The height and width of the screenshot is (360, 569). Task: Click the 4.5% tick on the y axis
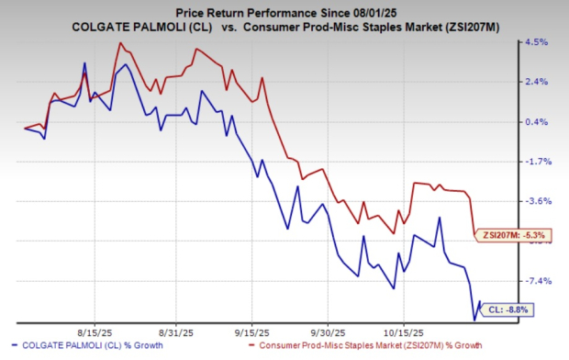point(536,42)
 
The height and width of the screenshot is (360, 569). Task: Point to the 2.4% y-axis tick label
point(536,82)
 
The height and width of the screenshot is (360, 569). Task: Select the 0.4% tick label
point(536,121)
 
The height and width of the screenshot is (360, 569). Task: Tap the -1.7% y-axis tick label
point(536,162)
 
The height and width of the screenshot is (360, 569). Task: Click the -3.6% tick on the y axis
point(536,201)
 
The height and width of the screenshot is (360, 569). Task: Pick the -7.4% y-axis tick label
point(536,281)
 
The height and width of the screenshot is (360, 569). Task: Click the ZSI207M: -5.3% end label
point(512,236)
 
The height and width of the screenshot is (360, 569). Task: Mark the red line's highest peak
point(120,43)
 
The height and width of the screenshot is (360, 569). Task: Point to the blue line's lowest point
point(474,320)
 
